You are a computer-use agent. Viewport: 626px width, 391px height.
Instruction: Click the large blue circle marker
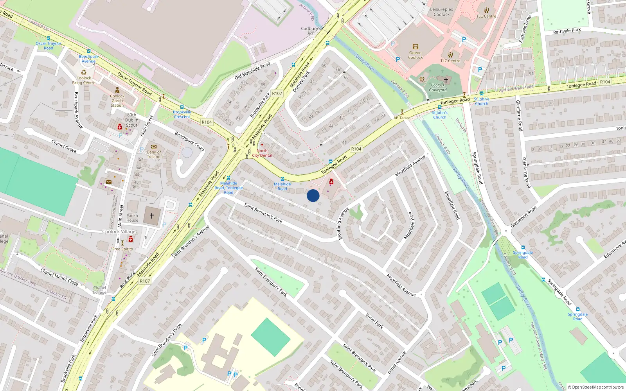tap(313, 195)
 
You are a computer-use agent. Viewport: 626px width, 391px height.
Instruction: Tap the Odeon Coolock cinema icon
tap(416, 47)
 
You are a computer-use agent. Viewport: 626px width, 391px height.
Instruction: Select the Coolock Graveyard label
tap(437, 88)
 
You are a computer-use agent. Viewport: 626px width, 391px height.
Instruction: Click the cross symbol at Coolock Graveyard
tap(446, 80)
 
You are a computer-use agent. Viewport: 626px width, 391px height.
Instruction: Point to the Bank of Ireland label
tap(154, 154)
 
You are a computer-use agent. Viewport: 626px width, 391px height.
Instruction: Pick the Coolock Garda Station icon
tap(117, 90)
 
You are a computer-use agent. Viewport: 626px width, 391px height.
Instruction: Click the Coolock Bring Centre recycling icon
tap(84, 72)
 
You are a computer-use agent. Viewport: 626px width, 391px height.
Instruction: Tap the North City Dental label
tap(262, 153)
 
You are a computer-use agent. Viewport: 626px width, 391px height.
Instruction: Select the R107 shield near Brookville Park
tap(277, 93)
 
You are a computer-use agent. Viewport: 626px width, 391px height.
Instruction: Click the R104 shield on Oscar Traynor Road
tap(207, 122)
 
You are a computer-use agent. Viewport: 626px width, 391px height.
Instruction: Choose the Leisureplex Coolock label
tap(442, 12)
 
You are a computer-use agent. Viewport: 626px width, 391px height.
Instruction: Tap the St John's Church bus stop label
tap(439, 115)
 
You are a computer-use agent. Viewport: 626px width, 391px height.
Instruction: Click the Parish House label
tap(132, 218)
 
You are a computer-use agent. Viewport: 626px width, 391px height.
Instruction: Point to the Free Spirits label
tap(122, 249)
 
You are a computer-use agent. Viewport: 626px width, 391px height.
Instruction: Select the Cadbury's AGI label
tap(311, 31)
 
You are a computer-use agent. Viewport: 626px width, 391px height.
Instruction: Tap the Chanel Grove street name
tap(64, 146)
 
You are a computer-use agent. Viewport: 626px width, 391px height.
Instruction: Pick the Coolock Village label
tap(119, 231)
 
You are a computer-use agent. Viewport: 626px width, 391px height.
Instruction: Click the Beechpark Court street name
tap(189, 141)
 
